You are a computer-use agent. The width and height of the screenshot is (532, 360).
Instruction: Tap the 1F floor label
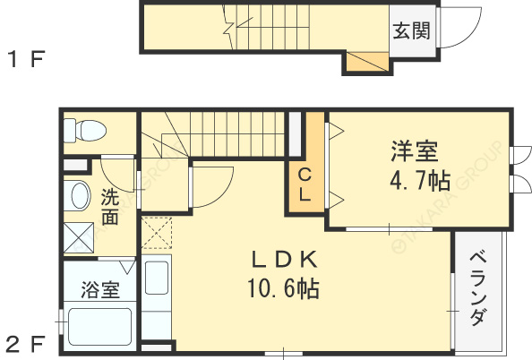(x=27, y=61)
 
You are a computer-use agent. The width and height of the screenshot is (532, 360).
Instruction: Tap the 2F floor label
(x=27, y=342)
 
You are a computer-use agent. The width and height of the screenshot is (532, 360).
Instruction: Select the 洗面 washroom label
(x=109, y=207)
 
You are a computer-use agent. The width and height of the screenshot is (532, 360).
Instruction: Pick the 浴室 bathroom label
(x=99, y=290)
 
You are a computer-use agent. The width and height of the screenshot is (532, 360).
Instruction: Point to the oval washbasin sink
(x=79, y=196)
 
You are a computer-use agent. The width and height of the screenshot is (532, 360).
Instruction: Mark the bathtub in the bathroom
(x=99, y=327)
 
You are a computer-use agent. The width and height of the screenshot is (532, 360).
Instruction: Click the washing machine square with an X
(x=79, y=236)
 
